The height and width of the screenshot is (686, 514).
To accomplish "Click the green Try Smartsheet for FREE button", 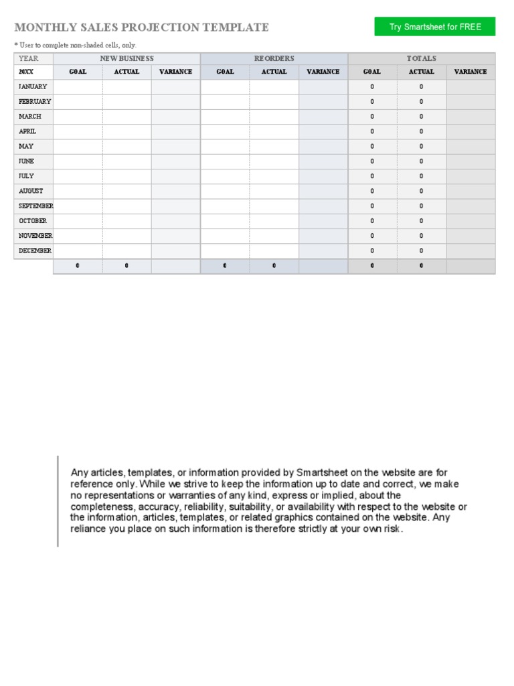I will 434,27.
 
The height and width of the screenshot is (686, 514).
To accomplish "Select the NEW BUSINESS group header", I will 126,59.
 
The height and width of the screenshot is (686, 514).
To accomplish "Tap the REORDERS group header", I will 274,59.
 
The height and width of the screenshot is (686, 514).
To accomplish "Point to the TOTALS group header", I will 422,59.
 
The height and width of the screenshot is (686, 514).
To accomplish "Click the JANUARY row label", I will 33,87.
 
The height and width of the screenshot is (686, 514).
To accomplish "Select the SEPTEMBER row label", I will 35,206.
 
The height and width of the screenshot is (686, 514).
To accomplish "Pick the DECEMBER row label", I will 35,251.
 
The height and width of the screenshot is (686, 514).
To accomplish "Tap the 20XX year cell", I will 27,72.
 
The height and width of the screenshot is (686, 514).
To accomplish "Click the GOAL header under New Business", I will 78,72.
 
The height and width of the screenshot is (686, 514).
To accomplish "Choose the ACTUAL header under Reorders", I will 274,72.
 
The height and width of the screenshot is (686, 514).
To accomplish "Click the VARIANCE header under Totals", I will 470,72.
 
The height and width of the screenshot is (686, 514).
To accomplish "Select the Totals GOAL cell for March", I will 372,117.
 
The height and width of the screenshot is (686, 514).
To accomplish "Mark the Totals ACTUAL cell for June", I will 422,161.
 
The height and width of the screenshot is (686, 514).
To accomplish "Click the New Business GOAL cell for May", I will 78,147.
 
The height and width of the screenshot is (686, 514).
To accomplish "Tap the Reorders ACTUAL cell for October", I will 274,221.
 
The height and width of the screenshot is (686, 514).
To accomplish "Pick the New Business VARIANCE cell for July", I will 175,176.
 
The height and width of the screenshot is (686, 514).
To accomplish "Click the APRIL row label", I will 27,132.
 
